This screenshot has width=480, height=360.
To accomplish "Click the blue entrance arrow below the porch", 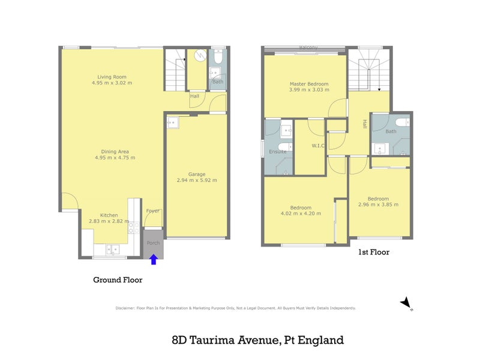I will [154, 259].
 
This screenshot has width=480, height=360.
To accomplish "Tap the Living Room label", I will [112, 76].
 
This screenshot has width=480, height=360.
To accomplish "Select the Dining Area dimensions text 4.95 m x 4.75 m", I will [115, 158].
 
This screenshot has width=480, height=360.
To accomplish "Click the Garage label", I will [197, 173].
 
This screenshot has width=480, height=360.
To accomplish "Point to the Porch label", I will [154, 243].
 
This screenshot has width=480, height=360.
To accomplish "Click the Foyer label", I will [152, 211].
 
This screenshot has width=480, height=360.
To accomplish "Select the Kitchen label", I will [109, 215].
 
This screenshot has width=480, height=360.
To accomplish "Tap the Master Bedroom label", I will [309, 83].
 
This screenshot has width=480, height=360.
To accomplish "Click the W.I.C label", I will [319, 146].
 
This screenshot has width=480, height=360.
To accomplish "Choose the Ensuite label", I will [277, 152].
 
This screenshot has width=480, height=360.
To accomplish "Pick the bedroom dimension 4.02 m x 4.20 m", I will [301, 214].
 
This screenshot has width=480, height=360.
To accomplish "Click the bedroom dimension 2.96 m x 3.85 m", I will [378, 205].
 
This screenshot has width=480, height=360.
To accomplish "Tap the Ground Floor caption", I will [118, 280].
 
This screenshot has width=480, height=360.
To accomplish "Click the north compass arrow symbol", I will [406, 302].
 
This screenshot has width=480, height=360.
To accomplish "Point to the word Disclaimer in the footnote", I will [125, 308].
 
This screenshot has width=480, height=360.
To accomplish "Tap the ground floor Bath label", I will [217, 82].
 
